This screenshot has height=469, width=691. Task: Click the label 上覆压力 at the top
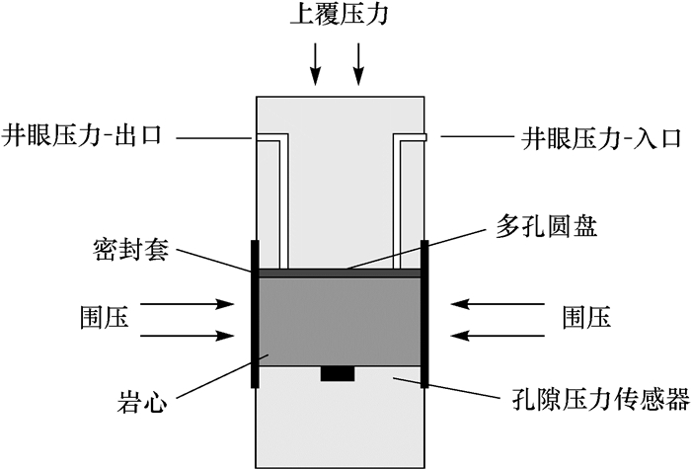click(337, 17)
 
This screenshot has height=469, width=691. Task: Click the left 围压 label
click(104, 318)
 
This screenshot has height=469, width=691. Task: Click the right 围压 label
click(586, 318)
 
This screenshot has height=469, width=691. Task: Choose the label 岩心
click(126, 402)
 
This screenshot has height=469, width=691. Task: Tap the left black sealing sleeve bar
click(256, 314)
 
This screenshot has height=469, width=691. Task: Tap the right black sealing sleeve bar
click(424, 314)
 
